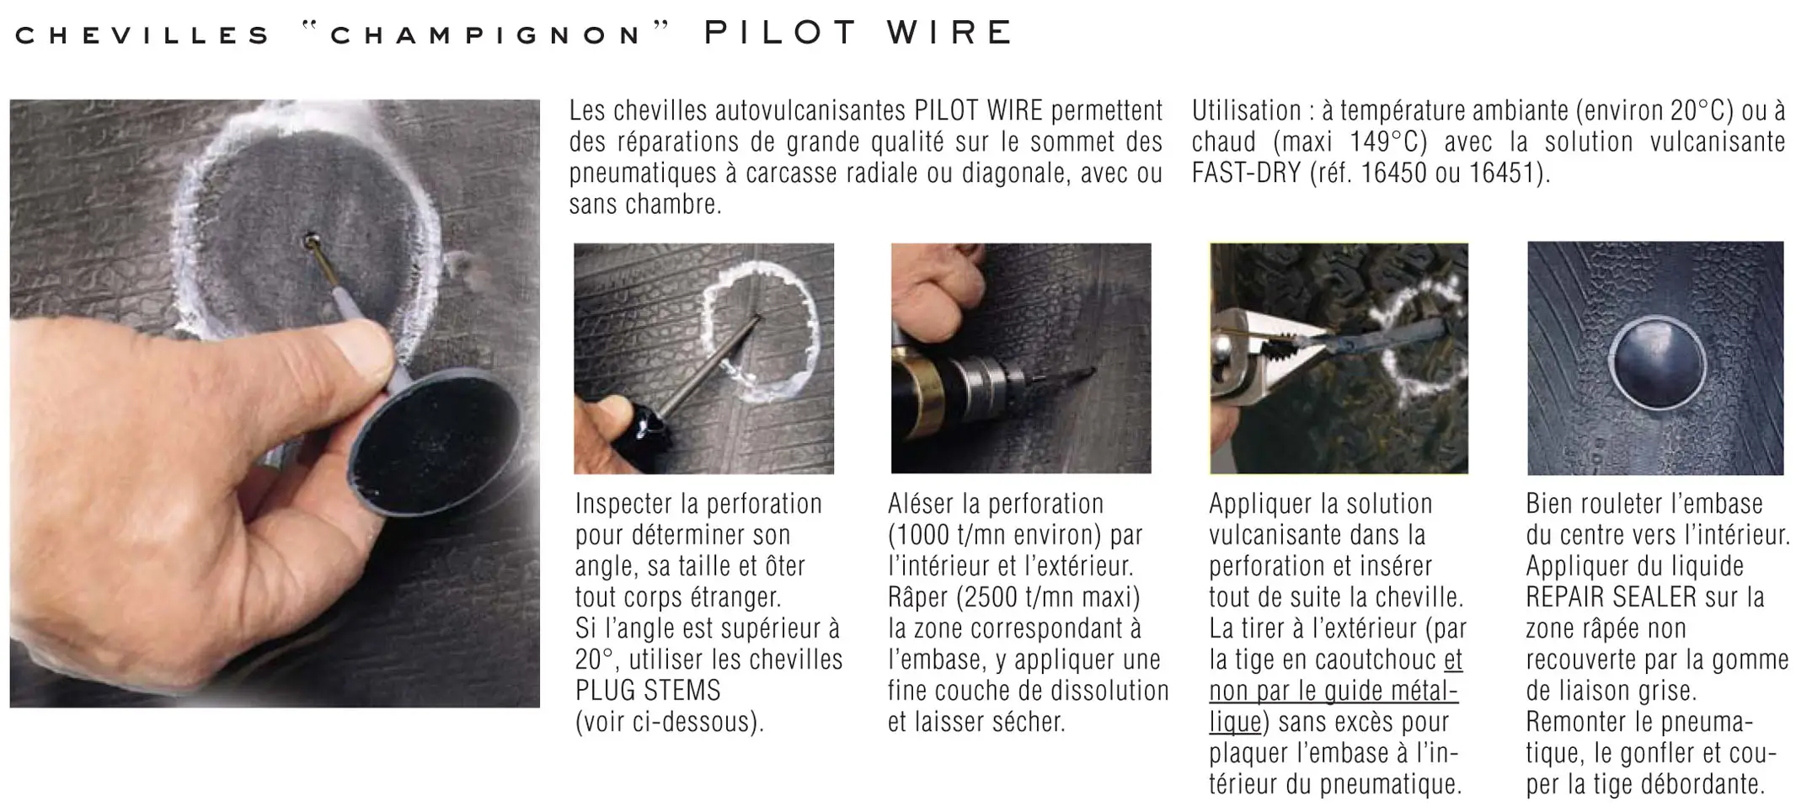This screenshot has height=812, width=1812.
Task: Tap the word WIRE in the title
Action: click(x=949, y=33)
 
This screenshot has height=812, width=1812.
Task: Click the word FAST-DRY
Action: click(x=1245, y=173)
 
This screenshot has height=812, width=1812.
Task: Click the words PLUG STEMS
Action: click(x=648, y=691)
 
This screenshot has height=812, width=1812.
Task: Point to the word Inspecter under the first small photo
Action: click(x=626, y=504)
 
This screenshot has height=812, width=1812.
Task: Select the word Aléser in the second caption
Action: click(x=924, y=504)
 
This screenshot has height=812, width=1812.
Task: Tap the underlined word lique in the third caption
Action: click(x=1235, y=722)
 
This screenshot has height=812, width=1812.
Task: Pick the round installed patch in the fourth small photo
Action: click(x=1657, y=363)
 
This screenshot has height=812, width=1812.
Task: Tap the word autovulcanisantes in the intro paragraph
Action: click(x=811, y=110)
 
